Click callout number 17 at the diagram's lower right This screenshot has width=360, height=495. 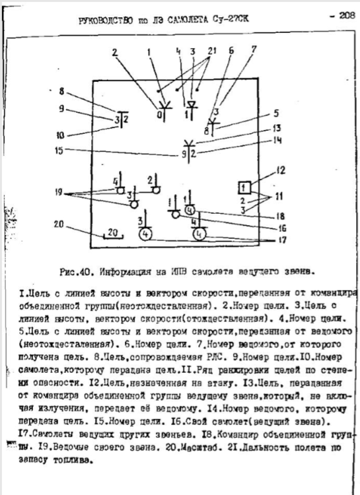(x=283, y=240)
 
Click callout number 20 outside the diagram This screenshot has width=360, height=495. (x=59, y=224)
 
